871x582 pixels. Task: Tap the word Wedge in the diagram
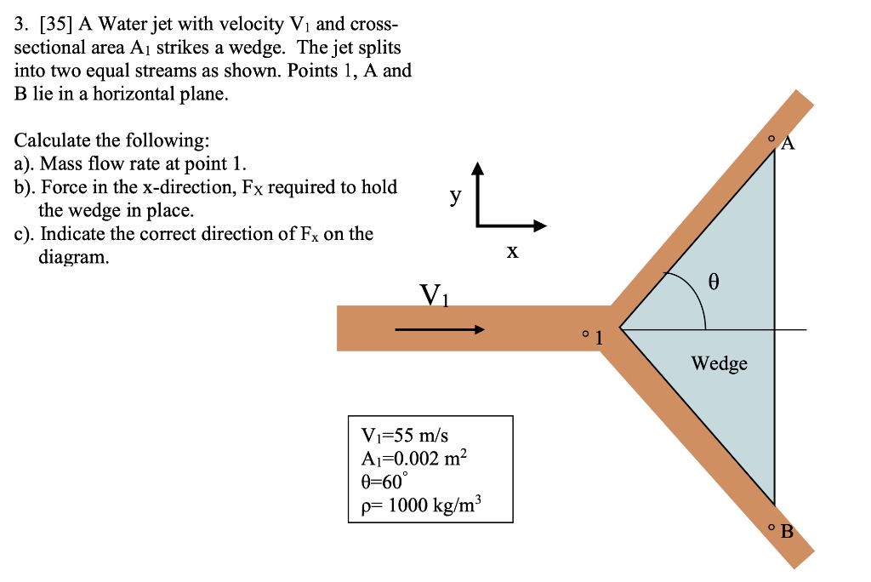[x=719, y=364]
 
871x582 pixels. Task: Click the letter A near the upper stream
[x=788, y=144]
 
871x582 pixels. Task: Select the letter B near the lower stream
[x=786, y=533]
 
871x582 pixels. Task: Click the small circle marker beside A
[x=771, y=137]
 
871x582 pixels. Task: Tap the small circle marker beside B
[x=771, y=528]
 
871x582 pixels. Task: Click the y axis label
[x=456, y=197]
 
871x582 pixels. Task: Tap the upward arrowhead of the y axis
[x=478, y=168]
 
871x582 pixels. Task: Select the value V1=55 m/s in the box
[x=399, y=436]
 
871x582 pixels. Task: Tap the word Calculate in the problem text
[x=55, y=140]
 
